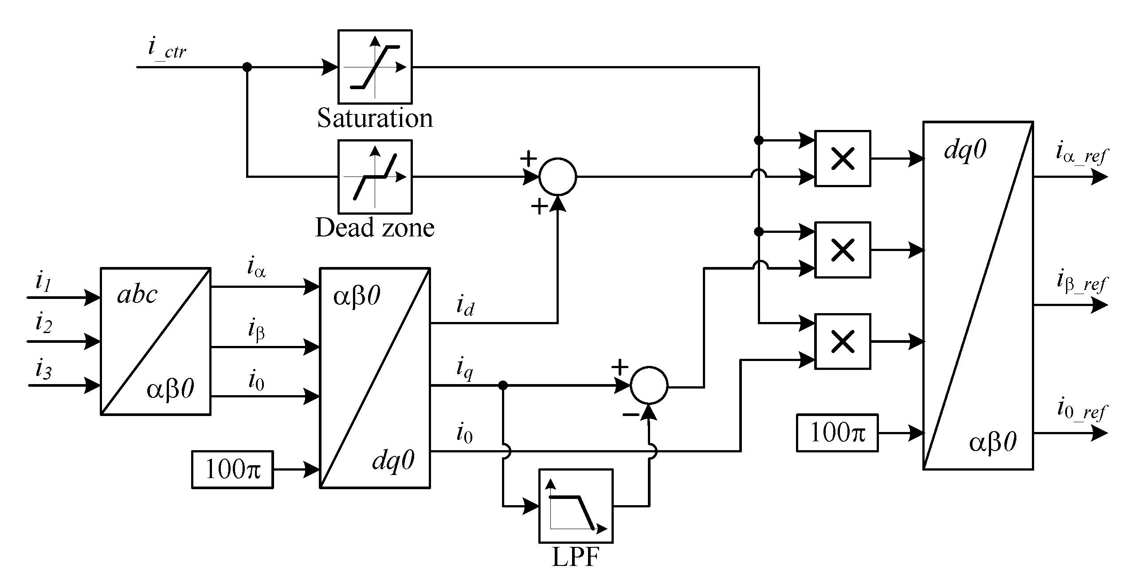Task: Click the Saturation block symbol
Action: (x=375, y=67)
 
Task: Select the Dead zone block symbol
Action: (x=375, y=177)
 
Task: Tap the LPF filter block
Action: (x=576, y=506)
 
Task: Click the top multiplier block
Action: (x=842, y=158)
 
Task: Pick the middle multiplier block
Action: (x=842, y=250)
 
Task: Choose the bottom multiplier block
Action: (x=842, y=342)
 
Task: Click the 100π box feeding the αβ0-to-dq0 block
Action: (x=232, y=470)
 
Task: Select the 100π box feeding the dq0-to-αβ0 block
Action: (x=837, y=433)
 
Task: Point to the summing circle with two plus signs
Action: (x=557, y=177)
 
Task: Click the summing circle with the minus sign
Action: (x=649, y=386)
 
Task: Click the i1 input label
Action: (x=43, y=283)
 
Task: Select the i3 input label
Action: (x=43, y=371)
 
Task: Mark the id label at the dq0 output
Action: (x=465, y=306)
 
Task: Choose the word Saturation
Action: (x=375, y=118)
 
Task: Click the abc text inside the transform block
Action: (x=137, y=294)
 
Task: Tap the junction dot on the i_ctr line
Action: (x=247, y=67)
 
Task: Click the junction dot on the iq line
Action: (x=503, y=386)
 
